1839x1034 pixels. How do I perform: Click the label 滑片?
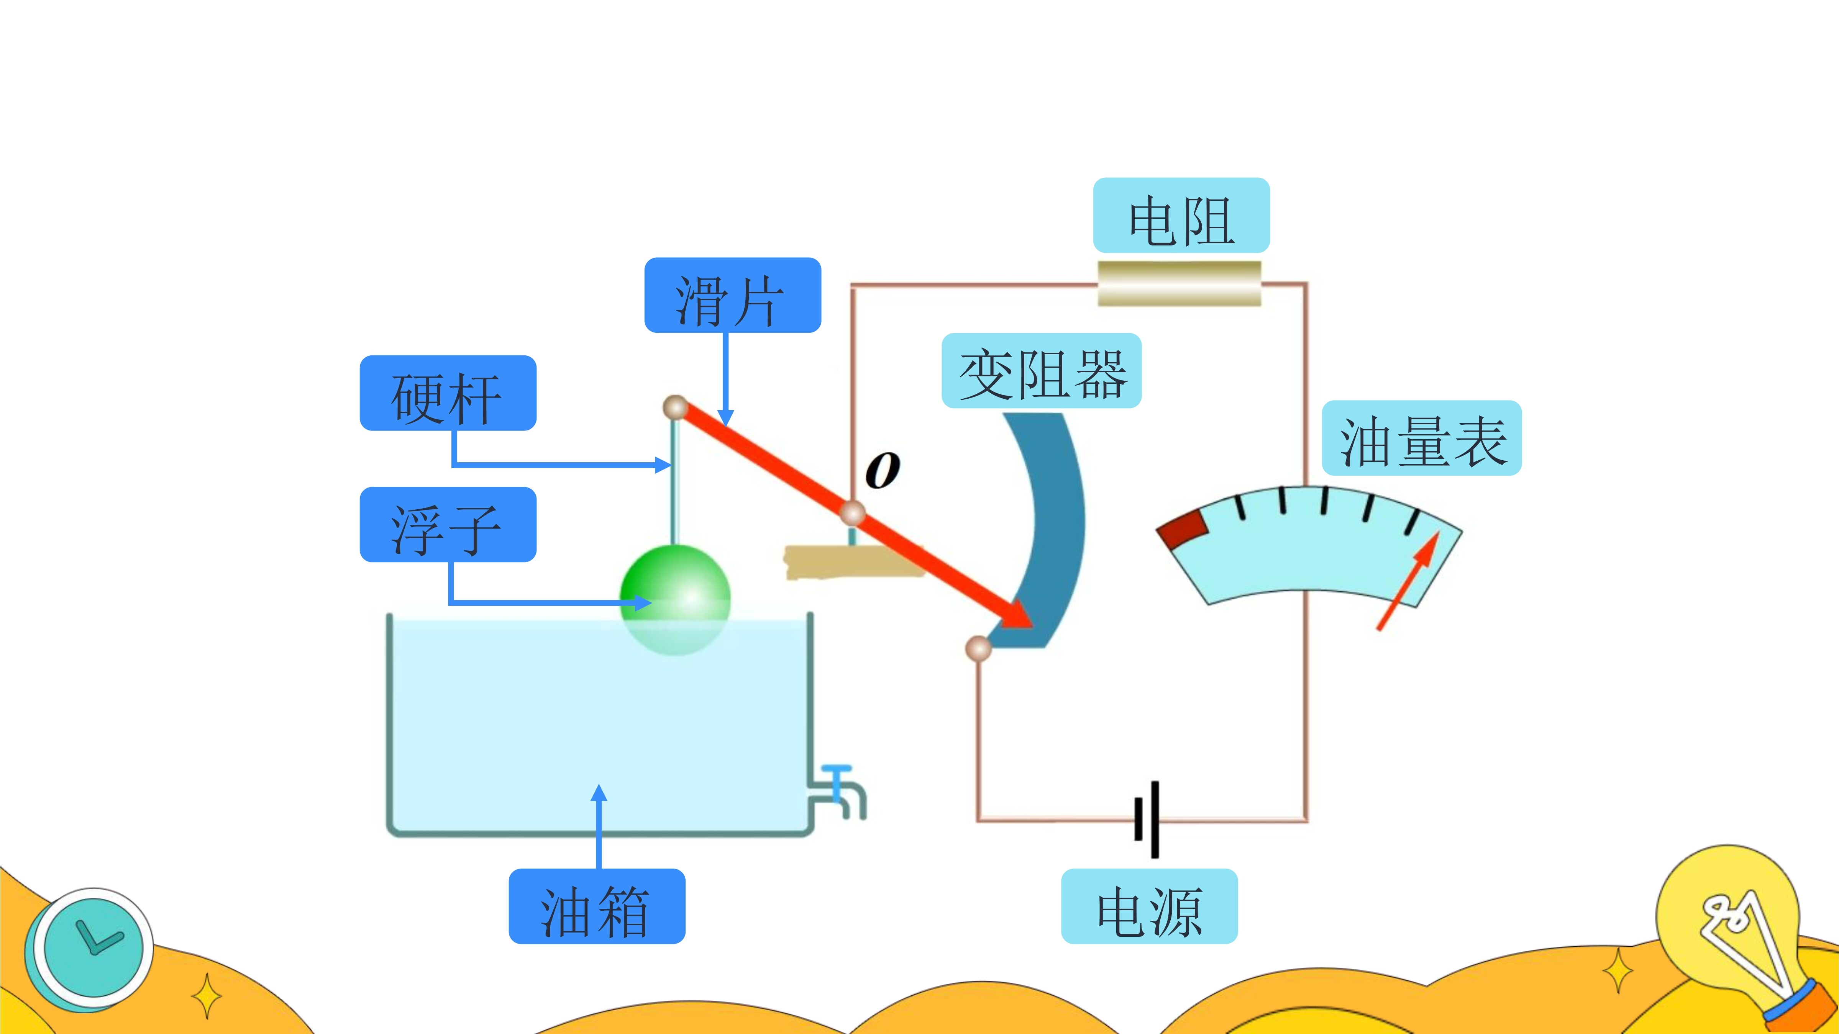pos(732,295)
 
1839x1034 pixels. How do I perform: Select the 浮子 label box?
pos(448,525)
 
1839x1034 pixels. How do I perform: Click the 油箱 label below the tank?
pos(597,906)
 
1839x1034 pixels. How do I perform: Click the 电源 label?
pos(1149,906)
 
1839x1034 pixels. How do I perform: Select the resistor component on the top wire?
pos(1180,283)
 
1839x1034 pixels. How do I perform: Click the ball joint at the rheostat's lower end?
pos(978,648)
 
